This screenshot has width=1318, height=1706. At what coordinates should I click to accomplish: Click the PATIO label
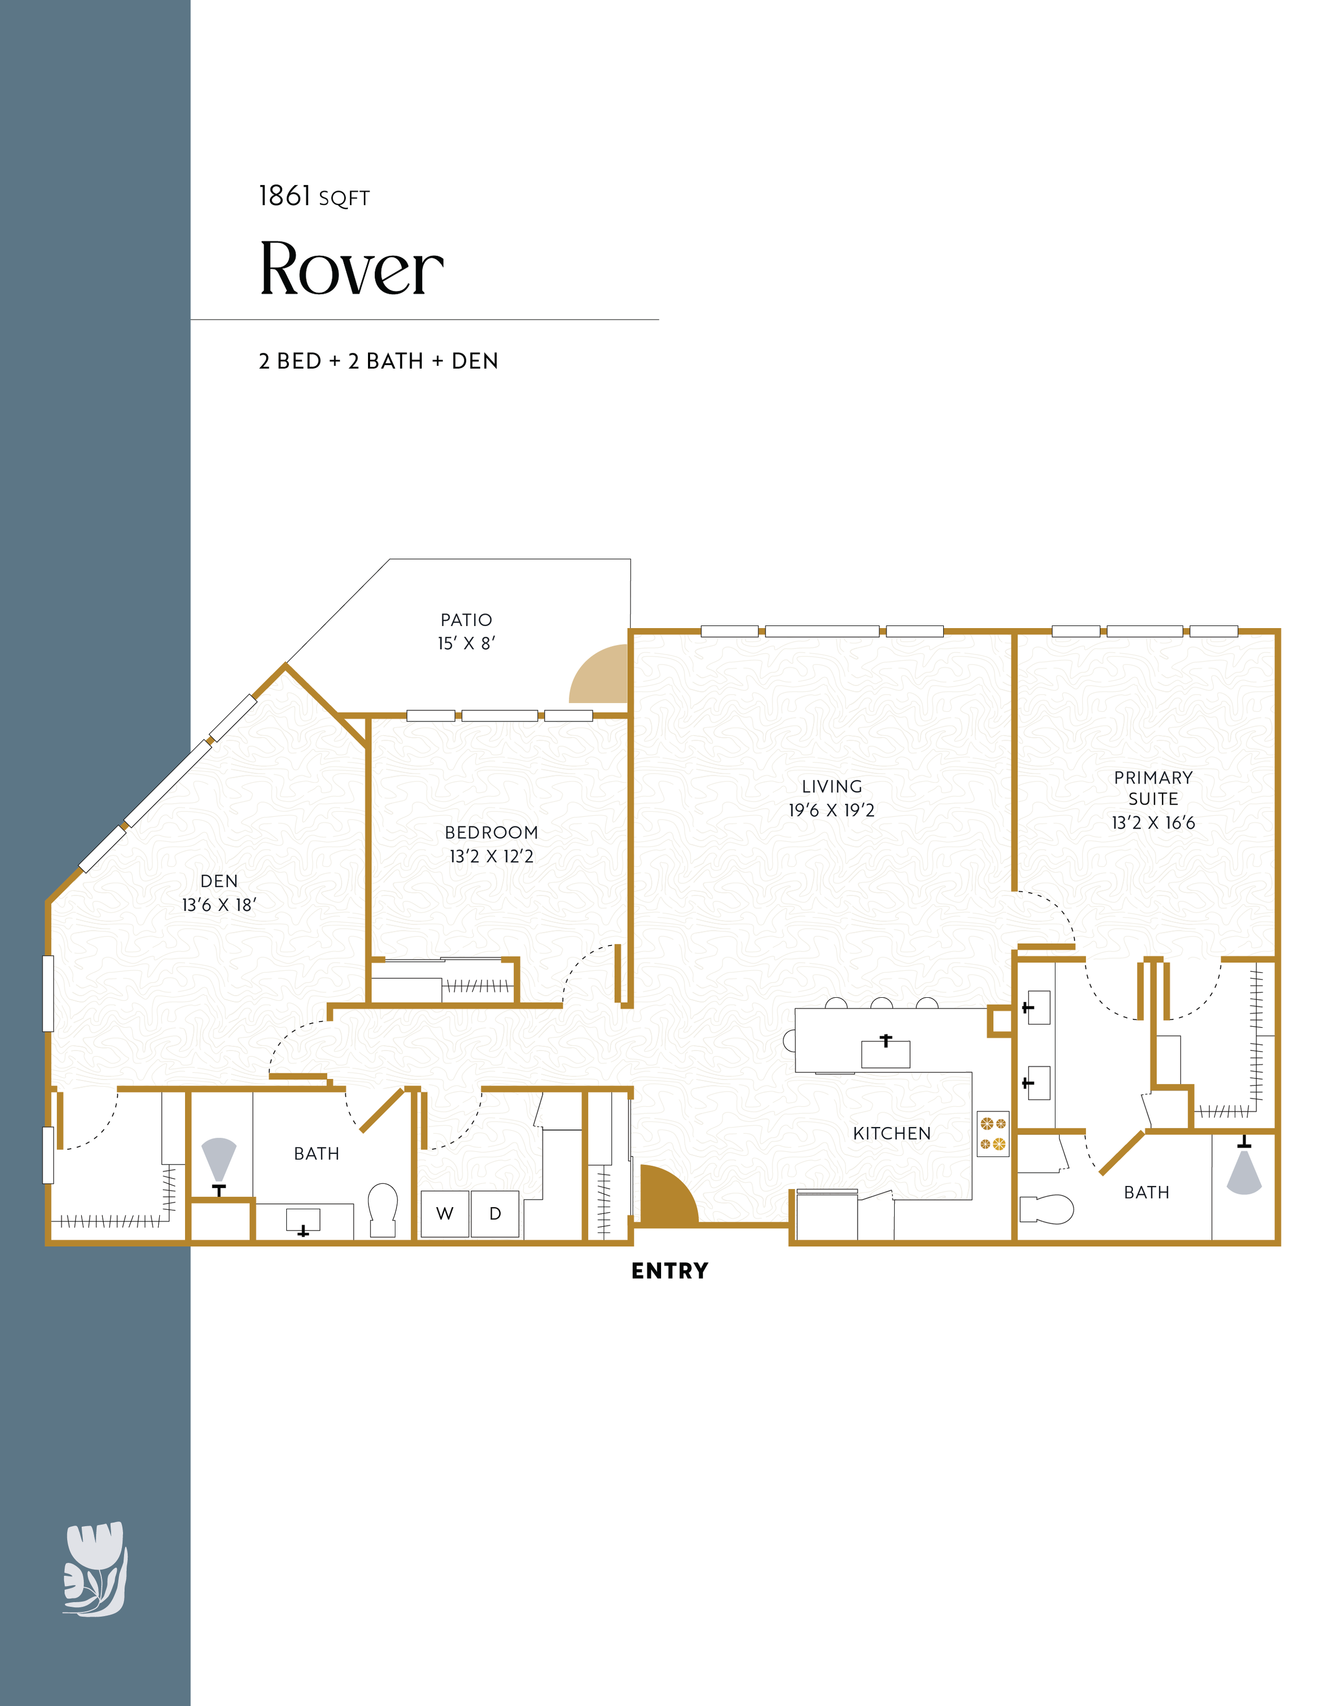[466, 620]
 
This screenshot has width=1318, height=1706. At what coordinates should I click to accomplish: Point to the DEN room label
[219, 881]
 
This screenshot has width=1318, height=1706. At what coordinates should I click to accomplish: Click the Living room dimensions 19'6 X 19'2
[831, 810]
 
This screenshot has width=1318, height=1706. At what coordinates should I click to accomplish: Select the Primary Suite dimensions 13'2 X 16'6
[1154, 823]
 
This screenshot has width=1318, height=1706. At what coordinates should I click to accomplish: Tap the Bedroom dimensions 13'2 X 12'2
[491, 856]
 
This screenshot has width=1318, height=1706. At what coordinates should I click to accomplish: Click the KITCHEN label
[891, 1133]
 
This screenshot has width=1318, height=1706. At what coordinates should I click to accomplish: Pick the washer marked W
[445, 1214]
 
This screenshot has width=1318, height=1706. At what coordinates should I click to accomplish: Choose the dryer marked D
[495, 1214]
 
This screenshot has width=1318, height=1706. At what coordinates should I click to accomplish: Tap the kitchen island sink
[886, 1052]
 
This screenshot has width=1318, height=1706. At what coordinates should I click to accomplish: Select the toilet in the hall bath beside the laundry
[383, 1210]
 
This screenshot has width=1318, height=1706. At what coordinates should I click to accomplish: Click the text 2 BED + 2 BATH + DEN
[379, 361]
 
